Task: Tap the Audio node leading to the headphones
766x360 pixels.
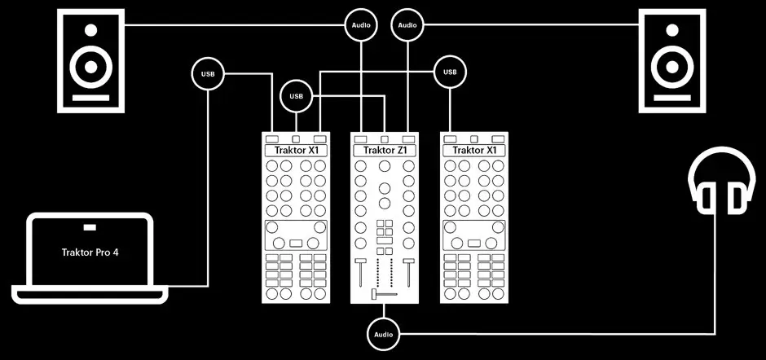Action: click(383, 334)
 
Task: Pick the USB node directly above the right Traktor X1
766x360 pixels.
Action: click(449, 74)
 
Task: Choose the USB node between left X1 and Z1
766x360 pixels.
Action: click(296, 97)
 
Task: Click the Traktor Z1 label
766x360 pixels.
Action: click(384, 150)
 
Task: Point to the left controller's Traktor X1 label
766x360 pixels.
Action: click(295, 150)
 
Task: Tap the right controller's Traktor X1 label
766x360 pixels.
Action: click(473, 150)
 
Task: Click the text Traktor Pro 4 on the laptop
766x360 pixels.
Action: click(90, 252)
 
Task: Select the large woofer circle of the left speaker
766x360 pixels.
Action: click(90, 67)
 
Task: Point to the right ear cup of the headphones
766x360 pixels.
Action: click(737, 197)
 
